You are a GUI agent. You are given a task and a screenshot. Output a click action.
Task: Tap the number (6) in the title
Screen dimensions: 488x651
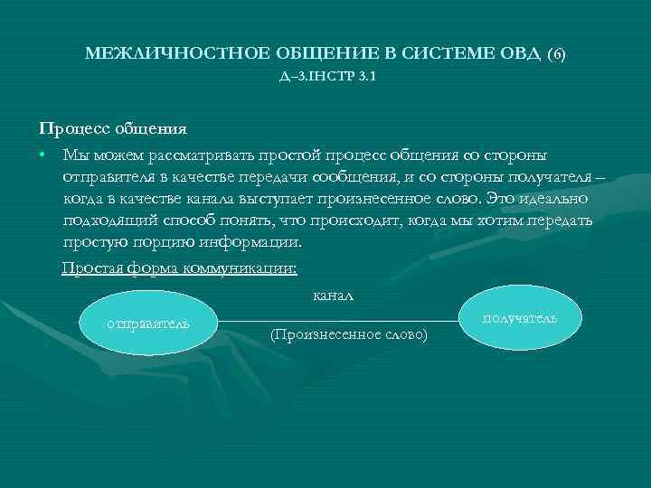(556, 55)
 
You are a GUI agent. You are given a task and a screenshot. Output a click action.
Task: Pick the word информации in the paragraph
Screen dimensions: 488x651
(250, 242)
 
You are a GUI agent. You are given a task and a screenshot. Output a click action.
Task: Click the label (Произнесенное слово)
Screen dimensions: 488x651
(349, 334)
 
